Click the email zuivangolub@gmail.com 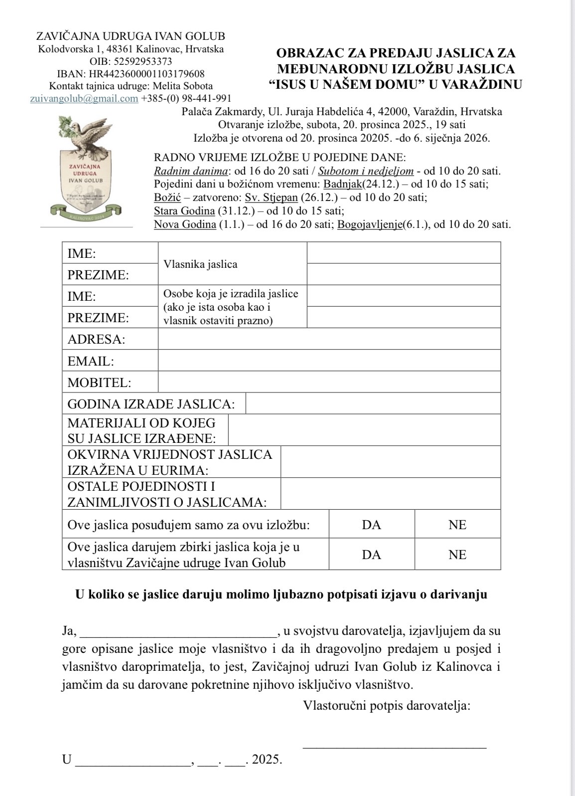[x=84, y=98]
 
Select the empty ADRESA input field [x=329, y=339]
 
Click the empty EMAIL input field [x=329, y=361]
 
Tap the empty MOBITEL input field [x=329, y=382]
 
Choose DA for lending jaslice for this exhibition [x=371, y=525]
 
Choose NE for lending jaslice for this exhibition [x=457, y=525]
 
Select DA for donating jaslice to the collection [x=371, y=555]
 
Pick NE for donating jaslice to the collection [x=457, y=555]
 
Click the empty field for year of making [x=373, y=403]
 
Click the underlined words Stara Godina [x=184, y=210]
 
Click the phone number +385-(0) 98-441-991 [x=186, y=98]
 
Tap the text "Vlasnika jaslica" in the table [x=200, y=264]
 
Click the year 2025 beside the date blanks [x=267, y=760]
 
